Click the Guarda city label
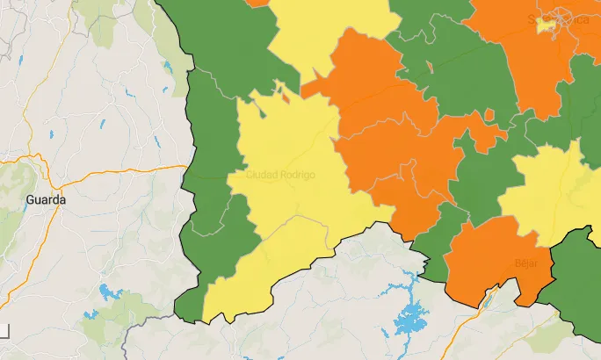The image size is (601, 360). [46, 199]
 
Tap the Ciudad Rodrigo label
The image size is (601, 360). [280, 174]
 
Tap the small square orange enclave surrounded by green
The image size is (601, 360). [489, 115]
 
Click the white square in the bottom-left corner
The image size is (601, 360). [4, 331]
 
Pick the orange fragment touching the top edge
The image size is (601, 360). [258, 3]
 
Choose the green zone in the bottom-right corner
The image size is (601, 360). [576, 272]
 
